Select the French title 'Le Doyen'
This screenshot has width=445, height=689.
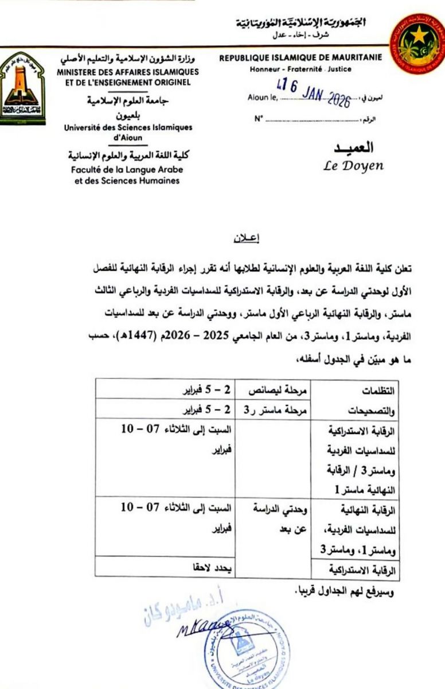pos(354,166)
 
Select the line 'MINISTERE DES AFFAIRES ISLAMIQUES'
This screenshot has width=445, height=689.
pos(128,72)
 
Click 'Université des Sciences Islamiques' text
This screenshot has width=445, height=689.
pos(128,127)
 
